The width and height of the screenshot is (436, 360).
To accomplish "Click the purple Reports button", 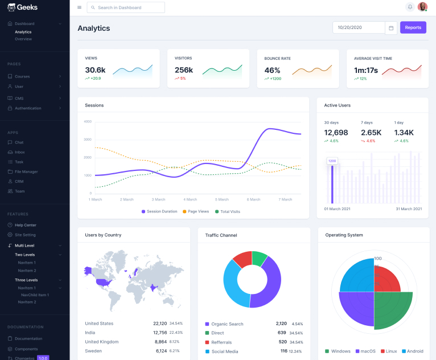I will pyautogui.click(x=413, y=27).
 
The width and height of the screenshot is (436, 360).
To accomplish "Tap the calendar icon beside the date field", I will pyautogui.click(x=391, y=27).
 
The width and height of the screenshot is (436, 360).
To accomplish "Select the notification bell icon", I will pyautogui.click(x=410, y=7).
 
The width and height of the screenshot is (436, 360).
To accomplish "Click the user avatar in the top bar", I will pyautogui.click(x=422, y=7).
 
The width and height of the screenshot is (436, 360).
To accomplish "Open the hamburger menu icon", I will pyautogui.click(x=79, y=7).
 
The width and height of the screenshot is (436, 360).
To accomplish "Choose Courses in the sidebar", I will pyautogui.click(x=22, y=76).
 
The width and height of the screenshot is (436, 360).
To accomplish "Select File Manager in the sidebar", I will pyautogui.click(x=26, y=171).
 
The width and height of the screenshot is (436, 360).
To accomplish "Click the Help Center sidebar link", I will pyautogui.click(x=25, y=225).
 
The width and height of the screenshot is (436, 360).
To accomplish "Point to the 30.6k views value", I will pyautogui.click(x=95, y=70).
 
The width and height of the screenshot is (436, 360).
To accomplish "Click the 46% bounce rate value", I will pyautogui.click(x=272, y=70).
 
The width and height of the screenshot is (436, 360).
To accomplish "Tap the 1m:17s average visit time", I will pyautogui.click(x=365, y=70).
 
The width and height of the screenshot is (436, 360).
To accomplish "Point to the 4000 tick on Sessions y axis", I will pyautogui.click(x=87, y=121).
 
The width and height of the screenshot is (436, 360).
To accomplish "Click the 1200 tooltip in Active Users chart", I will pyautogui.click(x=332, y=161).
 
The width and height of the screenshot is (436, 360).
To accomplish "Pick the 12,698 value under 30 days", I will pyautogui.click(x=336, y=133).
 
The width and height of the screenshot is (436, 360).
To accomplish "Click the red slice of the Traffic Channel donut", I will pyautogui.click(x=241, y=260).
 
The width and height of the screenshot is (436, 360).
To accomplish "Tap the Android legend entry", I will pyautogui.click(x=412, y=351).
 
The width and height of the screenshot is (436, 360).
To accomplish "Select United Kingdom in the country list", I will pyautogui.click(x=102, y=342).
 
